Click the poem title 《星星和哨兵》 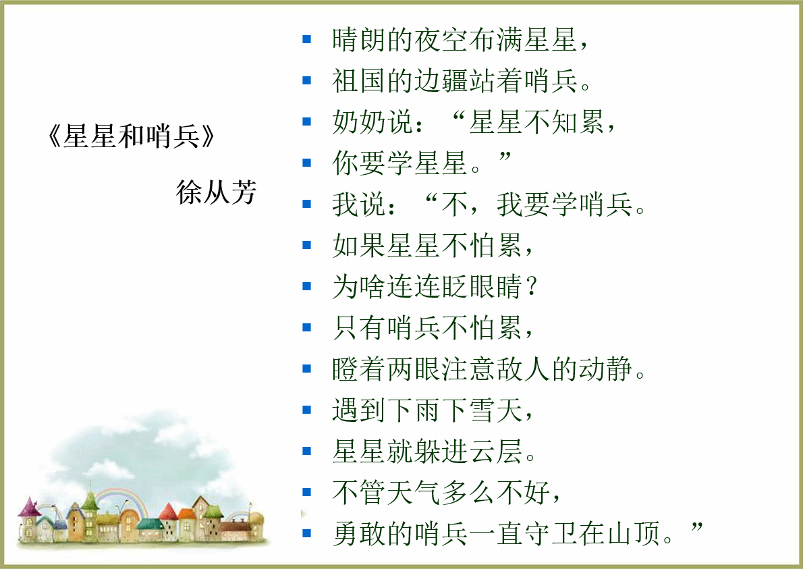pos(131,136)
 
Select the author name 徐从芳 pos(216,192)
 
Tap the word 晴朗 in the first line pos(359,39)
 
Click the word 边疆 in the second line pos(441,81)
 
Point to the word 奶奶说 pos(372,122)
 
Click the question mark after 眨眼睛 pos(532,286)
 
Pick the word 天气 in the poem pos(414,492)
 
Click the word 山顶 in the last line pos(633,533)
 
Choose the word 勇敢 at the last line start pos(359,533)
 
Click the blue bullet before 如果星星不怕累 pos(307,245)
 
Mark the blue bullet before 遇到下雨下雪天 pos(307,410)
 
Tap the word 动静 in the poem pos(605,369)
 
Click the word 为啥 pos(359,286)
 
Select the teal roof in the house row pos(150,524)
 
